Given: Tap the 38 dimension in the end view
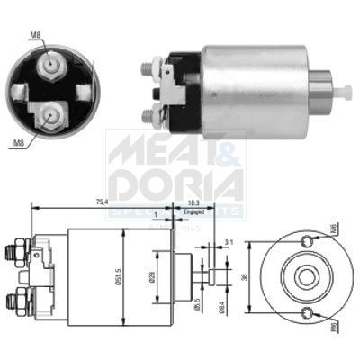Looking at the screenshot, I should point(244,277).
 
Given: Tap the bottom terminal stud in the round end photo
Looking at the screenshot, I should point(52,114).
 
